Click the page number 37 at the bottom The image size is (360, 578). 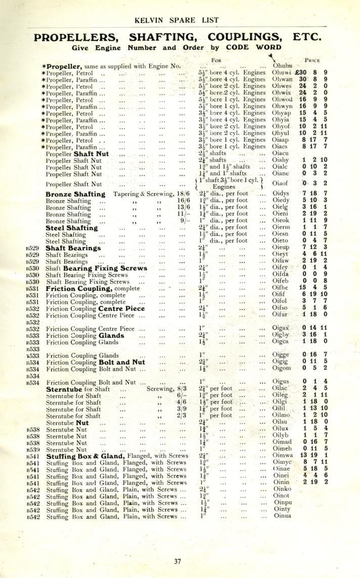[177, 561]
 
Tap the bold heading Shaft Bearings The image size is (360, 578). [73, 248]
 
